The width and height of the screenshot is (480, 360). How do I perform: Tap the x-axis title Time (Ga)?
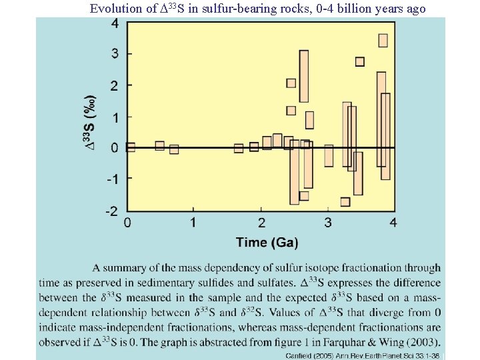click(266, 242)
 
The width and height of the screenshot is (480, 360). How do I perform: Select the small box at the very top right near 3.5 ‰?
click(383, 40)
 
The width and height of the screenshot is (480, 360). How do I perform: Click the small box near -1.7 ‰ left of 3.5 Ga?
click(345, 201)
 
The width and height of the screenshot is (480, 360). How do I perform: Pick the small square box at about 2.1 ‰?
click(291, 83)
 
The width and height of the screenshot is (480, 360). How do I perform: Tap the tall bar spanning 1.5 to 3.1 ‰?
click(304, 76)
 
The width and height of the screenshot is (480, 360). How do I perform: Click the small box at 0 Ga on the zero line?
click(130, 147)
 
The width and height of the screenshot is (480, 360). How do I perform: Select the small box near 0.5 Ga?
click(159, 145)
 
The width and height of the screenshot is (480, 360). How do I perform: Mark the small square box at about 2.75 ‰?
click(359, 61)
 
